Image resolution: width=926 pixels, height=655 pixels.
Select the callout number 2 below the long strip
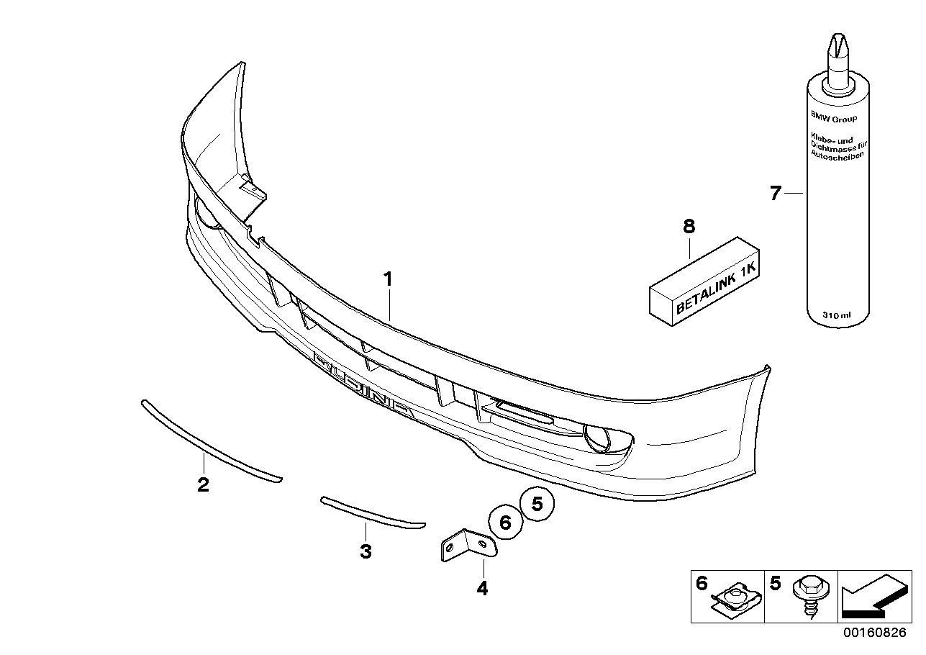pyautogui.click(x=203, y=484)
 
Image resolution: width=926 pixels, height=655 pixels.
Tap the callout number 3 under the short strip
pyautogui.click(x=366, y=552)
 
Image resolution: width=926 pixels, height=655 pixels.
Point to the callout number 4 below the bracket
pyautogui.click(x=482, y=589)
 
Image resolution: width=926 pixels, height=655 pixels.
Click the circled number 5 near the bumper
pyautogui.click(x=537, y=504)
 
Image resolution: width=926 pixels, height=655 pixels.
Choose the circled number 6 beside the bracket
pyautogui.click(x=505, y=523)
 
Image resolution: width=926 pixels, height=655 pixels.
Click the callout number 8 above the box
pyautogui.click(x=689, y=227)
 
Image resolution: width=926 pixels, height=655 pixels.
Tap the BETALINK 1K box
pyautogui.click(x=705, y=285)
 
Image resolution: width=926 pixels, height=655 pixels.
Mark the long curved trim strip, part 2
pyautogui.click(x=209, y=441)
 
